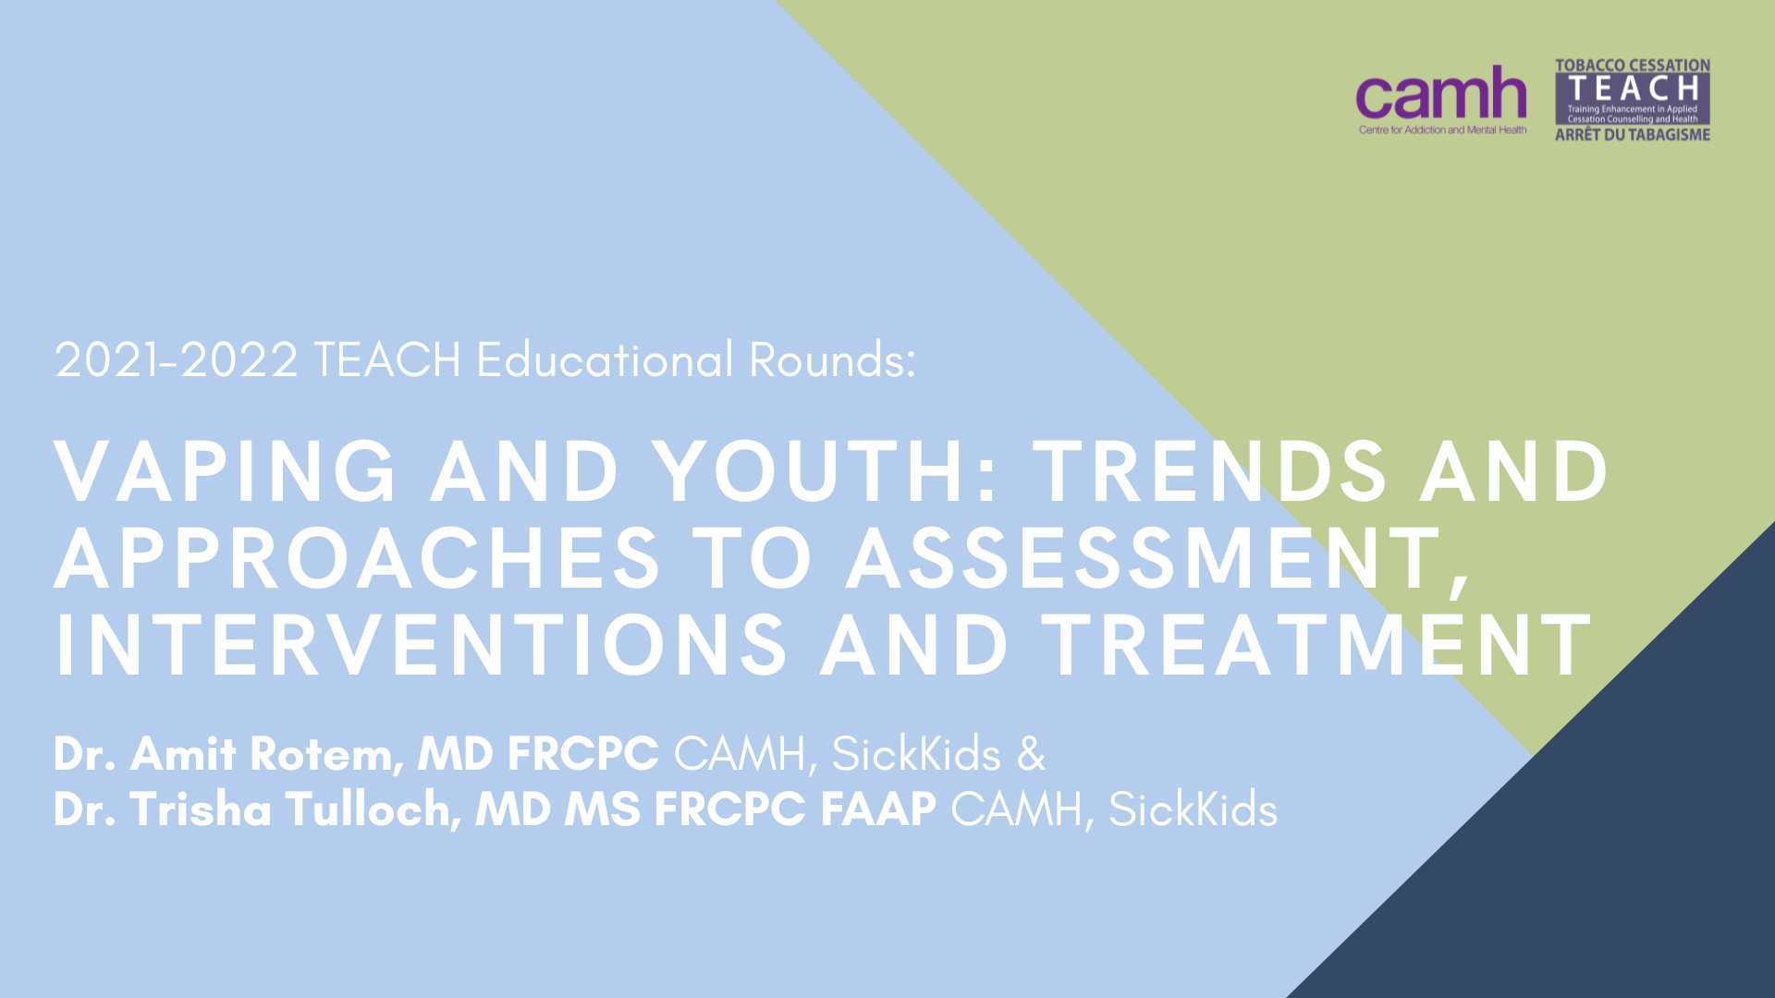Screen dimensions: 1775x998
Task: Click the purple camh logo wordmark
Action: pyautogui.click(x=1441, y=93)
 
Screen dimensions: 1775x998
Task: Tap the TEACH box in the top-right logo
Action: pyautogui.click(x=1633, y=99)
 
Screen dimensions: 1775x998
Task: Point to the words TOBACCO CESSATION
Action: pyautogui.click(x=1633, y=66)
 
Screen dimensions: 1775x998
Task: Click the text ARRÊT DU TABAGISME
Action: pyautogui.click(x=1633, y=135)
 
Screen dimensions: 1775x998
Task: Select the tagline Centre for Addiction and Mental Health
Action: pyautogui.click(x=1442, y=130)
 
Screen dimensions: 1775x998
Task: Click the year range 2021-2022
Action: pyautogui.click(x=177, y=360)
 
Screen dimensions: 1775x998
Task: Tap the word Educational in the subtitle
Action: pyautogui.click(x=605, y=359)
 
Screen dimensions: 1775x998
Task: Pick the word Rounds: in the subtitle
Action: pyautogui.click(x=832, y=360)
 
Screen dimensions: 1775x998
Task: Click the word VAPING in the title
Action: pyautogui.click(x=226, y=471)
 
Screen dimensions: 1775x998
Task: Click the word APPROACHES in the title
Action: pyautogui.click(x=357, y=558)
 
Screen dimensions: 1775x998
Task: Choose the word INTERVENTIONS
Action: pyautogui.click(x=422, y=645)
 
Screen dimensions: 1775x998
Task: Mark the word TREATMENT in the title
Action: pyautogui.click(x=1316, y=645)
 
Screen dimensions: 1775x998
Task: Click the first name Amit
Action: pyautogui.click(x=183, y=754)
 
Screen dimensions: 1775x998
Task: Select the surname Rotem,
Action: pyautogui.click(x=327, y=756)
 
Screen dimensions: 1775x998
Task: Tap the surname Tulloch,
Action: pyautogui.click(x=373, y=810)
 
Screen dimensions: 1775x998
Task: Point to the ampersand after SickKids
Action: pyautogui.click(x=1032, y=754)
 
